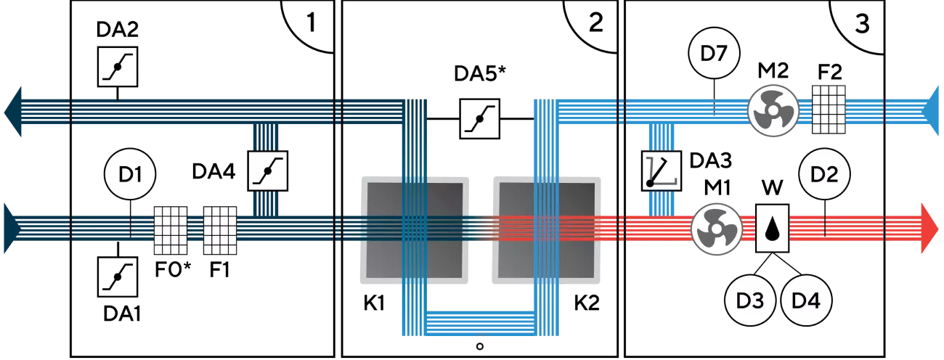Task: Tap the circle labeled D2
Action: [x=824, y=175]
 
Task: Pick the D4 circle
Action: [x=806, y=299]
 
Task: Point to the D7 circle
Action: [x=713, y=53]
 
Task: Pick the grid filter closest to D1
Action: [x=169, y=229]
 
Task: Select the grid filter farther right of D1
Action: [x=220, y=229]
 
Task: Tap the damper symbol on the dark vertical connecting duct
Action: [x=268, y=171]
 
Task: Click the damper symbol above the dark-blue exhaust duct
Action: [x=118, y=67]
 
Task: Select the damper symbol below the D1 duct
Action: [x=118, y=277]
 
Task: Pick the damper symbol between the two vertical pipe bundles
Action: [x=480, y=118]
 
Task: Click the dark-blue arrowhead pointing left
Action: [x=15, y=113]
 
